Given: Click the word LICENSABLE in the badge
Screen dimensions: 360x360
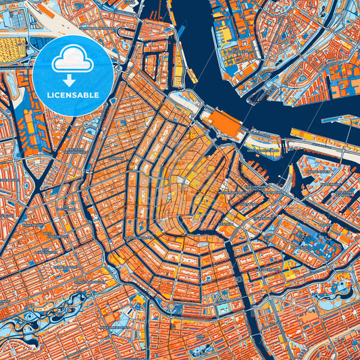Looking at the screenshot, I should click(72, 95).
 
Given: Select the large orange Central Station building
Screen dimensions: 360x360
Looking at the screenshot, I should click(221, 126).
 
